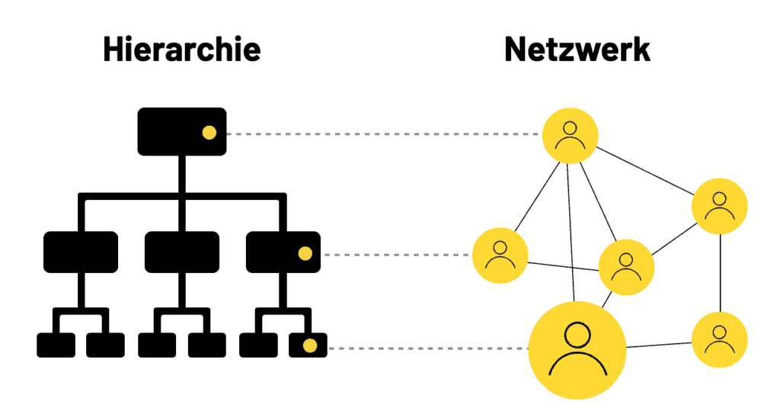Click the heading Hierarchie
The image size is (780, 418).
point(181,50)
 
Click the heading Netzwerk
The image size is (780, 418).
point(577,50)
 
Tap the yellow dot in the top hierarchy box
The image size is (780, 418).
point(209,133)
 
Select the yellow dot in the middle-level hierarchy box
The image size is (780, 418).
point(305,253)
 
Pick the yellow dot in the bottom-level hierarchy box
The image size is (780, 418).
point(310,346)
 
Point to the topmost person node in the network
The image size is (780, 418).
point(570,136)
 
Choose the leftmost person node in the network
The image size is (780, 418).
point(500,256)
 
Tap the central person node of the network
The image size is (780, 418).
point(626,268)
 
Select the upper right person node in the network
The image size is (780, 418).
point(719,206)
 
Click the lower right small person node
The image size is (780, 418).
point(719,339)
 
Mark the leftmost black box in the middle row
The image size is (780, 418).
point(81,252)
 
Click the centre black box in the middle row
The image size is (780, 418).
point(182,252)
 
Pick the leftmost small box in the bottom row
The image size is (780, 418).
point(56,346)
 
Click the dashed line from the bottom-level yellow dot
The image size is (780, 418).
point(428,349)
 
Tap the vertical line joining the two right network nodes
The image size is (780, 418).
point(721,273)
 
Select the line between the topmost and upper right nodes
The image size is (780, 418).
point(644,171)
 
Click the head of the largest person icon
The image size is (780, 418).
point(577,335)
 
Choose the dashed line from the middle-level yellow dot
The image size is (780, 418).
point(396,255)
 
